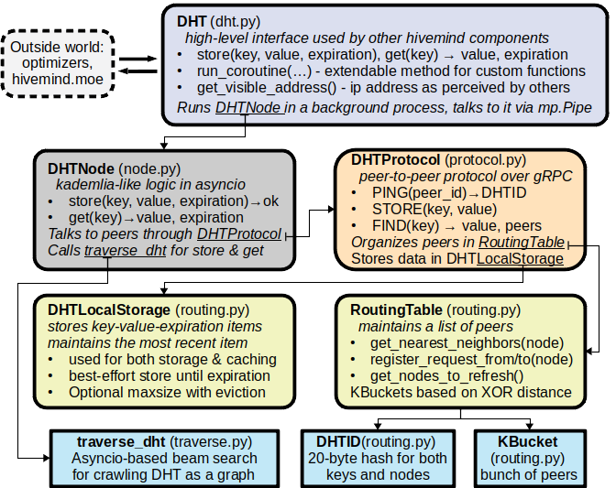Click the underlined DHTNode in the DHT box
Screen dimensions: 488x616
pos(249,109)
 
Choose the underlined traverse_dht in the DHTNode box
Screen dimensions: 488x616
pos(123,251)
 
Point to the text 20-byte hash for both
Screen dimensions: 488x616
pos(375,457)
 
